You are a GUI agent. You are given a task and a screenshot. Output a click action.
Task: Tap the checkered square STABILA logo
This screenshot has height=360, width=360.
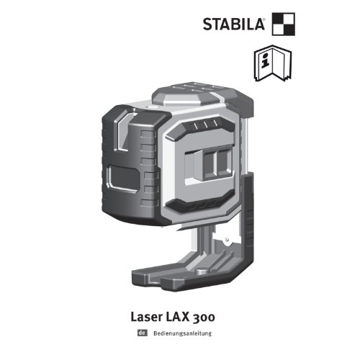coord(284,24)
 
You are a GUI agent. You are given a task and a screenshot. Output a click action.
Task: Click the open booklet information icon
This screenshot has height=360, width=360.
coord(273,63)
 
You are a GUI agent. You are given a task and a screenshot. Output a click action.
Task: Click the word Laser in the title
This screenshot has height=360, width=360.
coord(146,317)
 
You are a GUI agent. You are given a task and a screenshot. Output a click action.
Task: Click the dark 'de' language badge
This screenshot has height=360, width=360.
coord(143,333)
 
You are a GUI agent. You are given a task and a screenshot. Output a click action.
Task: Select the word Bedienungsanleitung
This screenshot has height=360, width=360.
coord(182,333)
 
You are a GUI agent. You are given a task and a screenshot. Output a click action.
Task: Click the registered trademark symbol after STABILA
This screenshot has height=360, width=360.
coord(264,19)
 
